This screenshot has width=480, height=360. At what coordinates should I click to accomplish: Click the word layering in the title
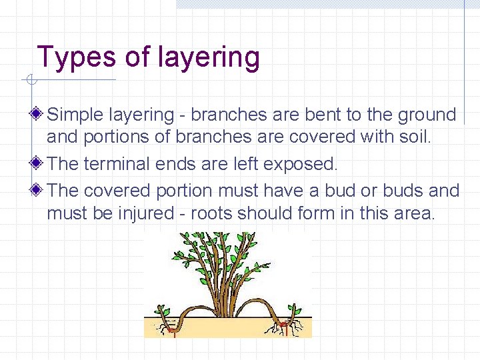[x=209, y=59]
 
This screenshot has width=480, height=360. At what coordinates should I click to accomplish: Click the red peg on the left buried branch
[x=171, y=328]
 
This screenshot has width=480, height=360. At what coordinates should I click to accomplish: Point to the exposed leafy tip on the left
[x=161, y=311]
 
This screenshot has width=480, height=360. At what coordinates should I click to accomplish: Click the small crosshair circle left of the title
[x=30, y=81]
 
